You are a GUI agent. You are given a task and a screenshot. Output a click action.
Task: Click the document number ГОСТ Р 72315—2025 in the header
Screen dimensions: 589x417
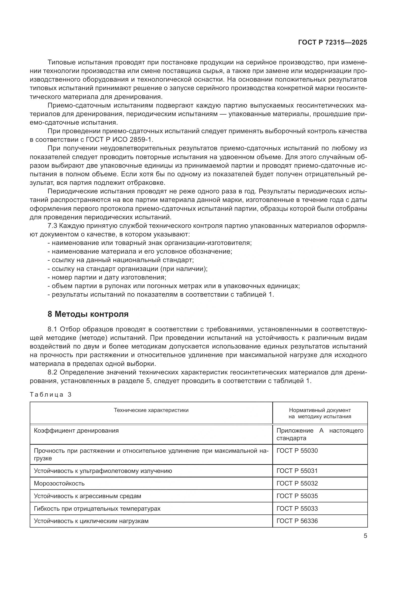[x=333, y=42]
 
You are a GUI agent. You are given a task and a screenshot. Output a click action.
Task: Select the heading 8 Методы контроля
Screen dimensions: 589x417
[x=88, y=314]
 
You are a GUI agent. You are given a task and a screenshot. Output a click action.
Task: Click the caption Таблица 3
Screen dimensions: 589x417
[x=50, y=395]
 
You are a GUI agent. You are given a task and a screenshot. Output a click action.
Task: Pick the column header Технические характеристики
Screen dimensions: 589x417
[x=151, y=410]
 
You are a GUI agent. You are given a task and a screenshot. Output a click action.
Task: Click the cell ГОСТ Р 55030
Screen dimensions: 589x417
[x=297, y=451]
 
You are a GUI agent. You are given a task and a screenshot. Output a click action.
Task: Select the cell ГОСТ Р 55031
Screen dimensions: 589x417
[x=297, y=471]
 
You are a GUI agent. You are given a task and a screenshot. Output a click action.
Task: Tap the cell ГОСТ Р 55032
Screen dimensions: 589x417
[x=297, y=483]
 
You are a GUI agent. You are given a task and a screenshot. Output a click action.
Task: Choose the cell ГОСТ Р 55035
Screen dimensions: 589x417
[x=297, y=496]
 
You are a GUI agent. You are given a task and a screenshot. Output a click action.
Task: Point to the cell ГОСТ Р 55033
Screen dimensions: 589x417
[x=297, y=508]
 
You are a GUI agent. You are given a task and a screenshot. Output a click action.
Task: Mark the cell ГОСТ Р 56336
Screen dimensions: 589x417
[x=297, y=521]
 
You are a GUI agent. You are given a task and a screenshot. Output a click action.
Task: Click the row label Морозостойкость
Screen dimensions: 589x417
[x=59, y=483]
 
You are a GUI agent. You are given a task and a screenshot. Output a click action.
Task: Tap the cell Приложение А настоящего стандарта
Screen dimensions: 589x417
[x=320, y=434]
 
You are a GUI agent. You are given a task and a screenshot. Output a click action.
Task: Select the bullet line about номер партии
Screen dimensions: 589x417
[x=107, y=277]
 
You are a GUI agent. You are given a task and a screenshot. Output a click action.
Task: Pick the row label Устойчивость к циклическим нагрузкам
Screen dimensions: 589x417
[x=91, y=521]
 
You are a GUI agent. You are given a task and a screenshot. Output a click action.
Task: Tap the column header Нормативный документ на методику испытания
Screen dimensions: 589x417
[x=320, y=413]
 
